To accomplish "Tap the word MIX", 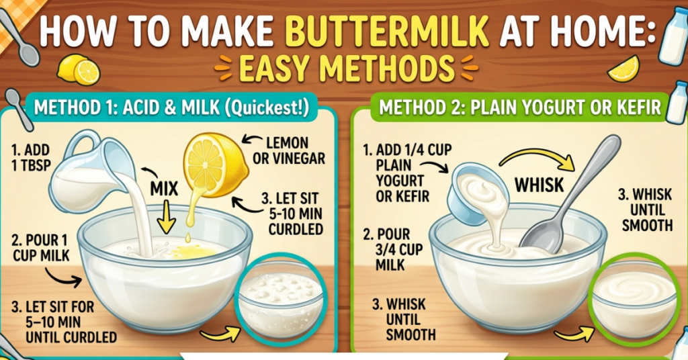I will coord(165,189).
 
